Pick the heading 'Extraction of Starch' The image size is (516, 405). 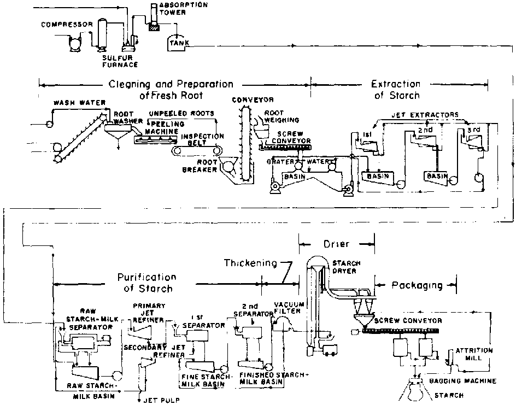click(x=396, y=90)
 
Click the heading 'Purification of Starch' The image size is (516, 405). click(x=147, y=283)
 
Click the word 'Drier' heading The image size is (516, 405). click(x=336, y=243)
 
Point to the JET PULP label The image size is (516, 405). click(x=162, y=400)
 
